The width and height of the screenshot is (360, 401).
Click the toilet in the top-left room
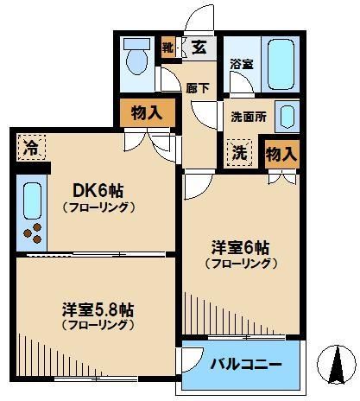coord(136,59)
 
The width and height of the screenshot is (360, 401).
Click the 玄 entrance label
coord(199,48)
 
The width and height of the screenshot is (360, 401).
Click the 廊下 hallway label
coord(197,86)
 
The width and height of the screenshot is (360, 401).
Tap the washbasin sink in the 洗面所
coord(287,115)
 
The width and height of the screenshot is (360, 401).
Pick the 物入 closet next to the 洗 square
coord(281,154)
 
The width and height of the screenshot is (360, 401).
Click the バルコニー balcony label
coord(247,365)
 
